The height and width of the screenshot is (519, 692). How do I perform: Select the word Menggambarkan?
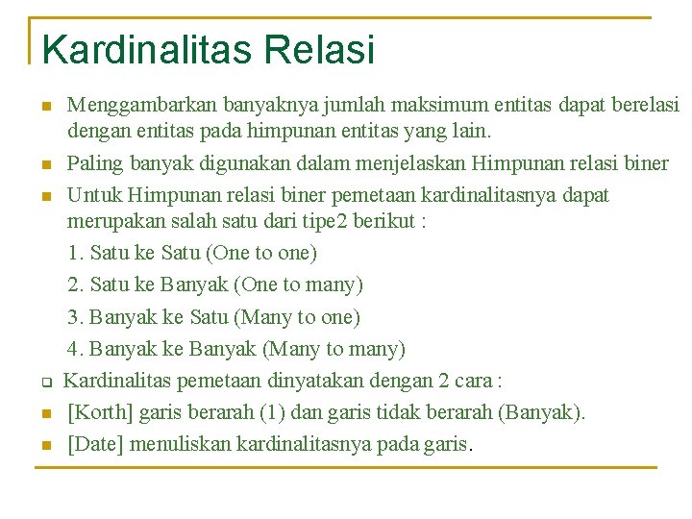tap(142, 103)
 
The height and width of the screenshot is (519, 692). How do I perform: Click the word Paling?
tap(94, 163)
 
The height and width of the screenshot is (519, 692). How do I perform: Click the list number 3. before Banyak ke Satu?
tap(76, 317)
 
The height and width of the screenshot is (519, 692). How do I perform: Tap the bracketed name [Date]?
tap(95, 444)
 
